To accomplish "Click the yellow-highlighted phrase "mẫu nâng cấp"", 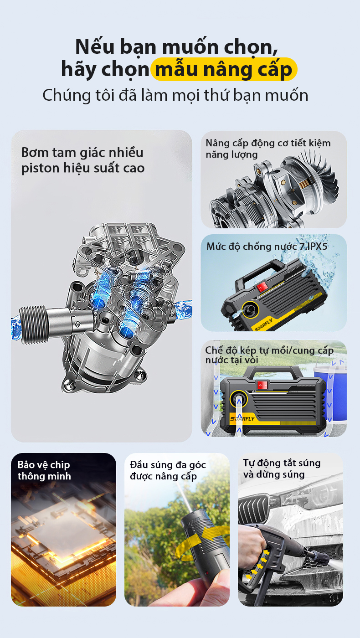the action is coord(224,69).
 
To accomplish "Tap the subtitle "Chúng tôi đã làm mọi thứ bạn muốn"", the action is coord(175,95).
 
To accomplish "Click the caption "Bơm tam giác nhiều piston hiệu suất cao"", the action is coord(82,160).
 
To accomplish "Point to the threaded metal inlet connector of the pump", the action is coord(33,324).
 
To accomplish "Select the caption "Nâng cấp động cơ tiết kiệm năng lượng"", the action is coord(268,149).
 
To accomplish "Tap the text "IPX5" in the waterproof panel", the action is coord(317,247).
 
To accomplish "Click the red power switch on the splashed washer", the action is coord(262,287).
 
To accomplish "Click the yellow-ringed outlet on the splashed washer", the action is coord(250,309).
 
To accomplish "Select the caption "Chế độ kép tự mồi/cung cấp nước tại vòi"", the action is coord(269,355).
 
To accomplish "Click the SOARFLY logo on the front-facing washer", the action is coord(242,419).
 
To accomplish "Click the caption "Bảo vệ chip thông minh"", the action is coord(44,470).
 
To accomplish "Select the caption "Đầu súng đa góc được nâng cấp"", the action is coord(168,470).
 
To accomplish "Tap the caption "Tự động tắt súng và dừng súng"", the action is coord(282,468).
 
